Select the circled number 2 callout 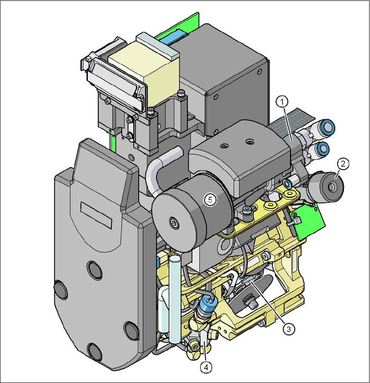343,164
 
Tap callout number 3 289,329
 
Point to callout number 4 207,367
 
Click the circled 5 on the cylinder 210,200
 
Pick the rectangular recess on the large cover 96,215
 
